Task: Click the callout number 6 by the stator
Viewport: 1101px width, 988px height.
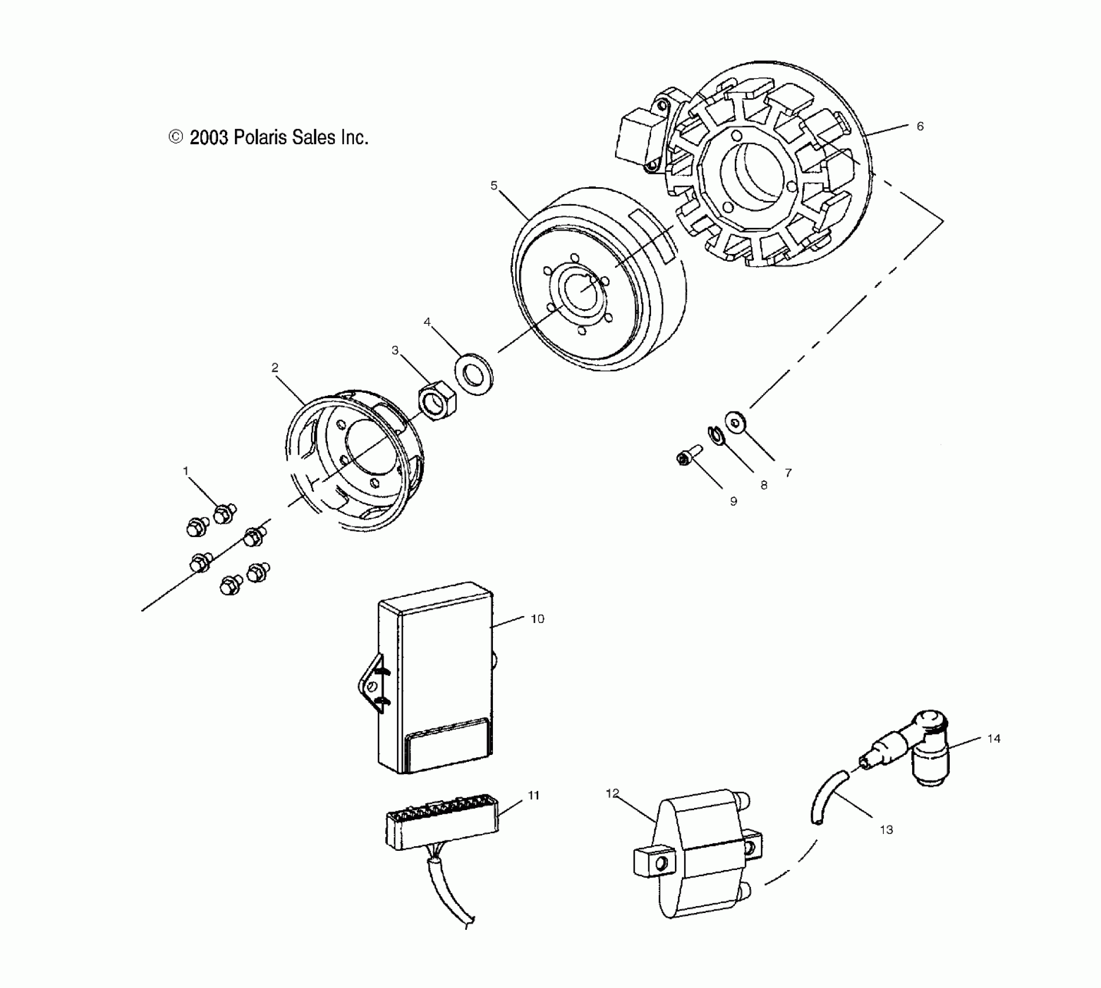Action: pyautogui.click(x=920, y=126)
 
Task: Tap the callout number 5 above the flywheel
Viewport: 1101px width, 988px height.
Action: pyautogui.click(x=494, y=185)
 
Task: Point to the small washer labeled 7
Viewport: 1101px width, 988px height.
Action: pyautogui.click(x=736, y=421)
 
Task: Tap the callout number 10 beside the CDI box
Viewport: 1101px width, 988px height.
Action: pyautogui.click(x=538, y=619)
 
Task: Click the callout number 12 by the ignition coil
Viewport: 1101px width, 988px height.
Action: pyautogui.click(x=613, y=794)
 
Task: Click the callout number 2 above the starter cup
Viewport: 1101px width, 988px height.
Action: pyautogui.click(x=275, y=367)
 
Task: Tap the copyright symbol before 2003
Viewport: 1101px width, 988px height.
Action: pyautogui.click(x=176, y=137)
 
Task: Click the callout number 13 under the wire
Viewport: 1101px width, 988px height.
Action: pyautogui.click(x=886, y=830)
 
